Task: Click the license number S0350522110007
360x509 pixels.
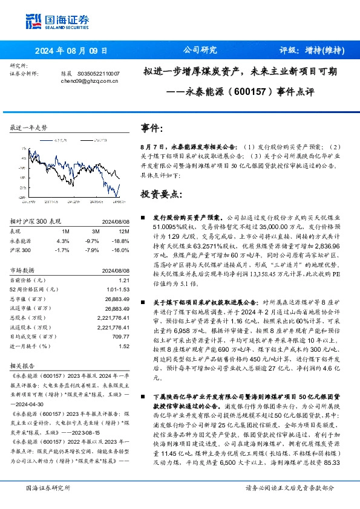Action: pyautogui.click(x=99, y=73)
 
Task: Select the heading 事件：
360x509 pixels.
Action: pyautogui.click(x=152, y=129)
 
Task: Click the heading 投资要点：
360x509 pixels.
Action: pyautogui.click(x=160, y=194)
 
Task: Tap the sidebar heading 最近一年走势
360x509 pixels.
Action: pyautogui.click(x=29, y=128)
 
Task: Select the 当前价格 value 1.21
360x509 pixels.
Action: pyautogui.click(x=124, y=280)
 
